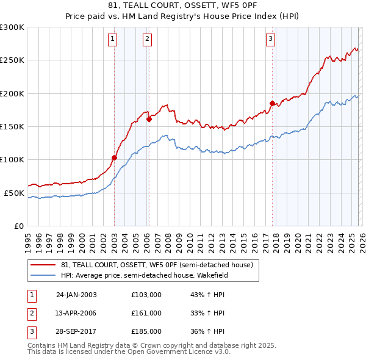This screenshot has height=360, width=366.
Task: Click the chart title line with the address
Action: coord(182,7)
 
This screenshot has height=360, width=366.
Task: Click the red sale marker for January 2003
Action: coord(114,157)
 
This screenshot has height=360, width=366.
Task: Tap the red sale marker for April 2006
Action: coord(149,119)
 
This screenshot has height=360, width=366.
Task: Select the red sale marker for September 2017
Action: coord(272,103)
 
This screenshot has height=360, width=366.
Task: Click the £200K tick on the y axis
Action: coord(12,93)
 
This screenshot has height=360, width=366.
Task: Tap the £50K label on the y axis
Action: coord(14,193)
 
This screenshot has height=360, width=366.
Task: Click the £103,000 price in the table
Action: coord(146,294)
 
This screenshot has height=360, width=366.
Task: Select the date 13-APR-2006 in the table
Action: coord(76,313)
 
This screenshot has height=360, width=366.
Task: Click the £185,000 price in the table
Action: coord(146,332)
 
